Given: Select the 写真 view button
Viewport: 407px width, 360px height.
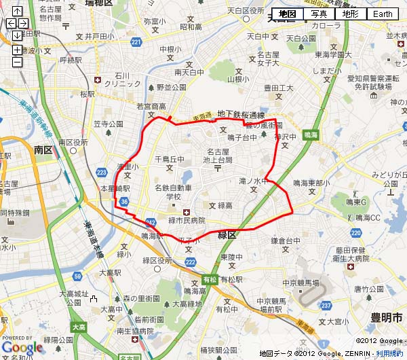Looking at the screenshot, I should coord(319,14).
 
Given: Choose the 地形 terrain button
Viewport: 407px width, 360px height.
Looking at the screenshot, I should coord(350,14).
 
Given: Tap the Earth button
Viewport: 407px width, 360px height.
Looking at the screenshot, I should coord(383,14).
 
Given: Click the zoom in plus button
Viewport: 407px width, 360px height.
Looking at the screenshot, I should coord(17,50).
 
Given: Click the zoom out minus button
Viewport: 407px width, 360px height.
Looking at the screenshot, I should coord(17,62).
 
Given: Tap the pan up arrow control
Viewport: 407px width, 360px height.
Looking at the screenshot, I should coord(17,12).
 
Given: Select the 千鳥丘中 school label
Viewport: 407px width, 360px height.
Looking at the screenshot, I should coord(170,159).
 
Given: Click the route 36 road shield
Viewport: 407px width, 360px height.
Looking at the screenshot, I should coord(123,202).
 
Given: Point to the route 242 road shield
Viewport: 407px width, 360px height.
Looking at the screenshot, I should coord(151,222).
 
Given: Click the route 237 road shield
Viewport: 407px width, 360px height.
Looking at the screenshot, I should coord(326,304).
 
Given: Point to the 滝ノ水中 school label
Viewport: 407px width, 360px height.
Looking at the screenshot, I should coord(254,181).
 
